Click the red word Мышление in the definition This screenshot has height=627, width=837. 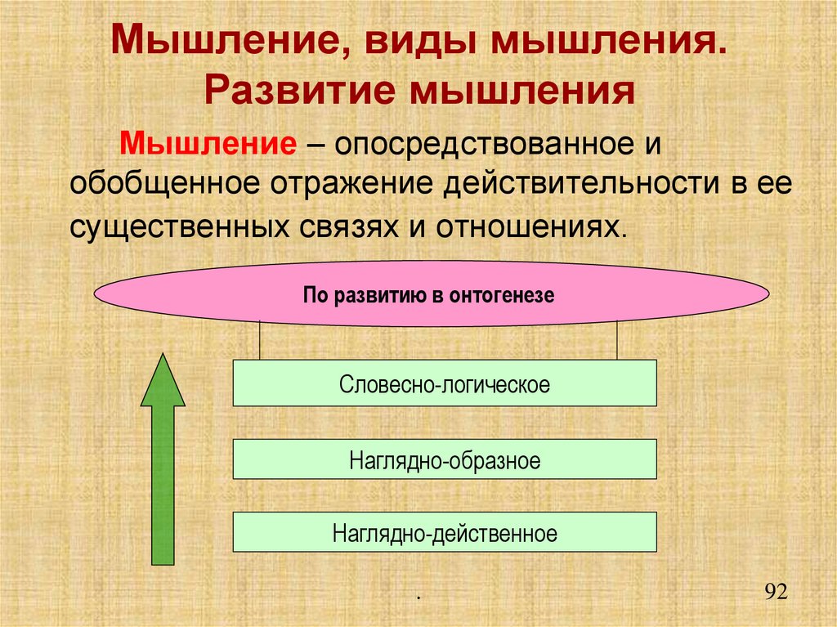[208, 144]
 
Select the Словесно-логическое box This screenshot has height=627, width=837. [445, 383]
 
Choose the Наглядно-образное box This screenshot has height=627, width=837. [445, 459]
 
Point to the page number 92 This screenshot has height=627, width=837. [775, 591]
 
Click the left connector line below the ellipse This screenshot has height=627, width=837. [260, 340]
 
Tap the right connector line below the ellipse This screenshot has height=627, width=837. [617, 340]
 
